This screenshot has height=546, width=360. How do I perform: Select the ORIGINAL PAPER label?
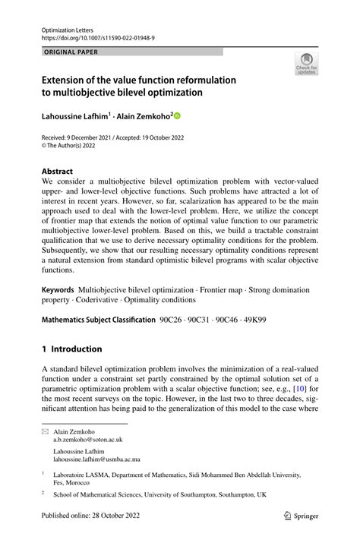(x=71, y=52)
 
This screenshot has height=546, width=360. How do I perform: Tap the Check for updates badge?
(x=306, y=64)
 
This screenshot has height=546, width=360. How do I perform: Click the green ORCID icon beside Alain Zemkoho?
(x=178, y=116)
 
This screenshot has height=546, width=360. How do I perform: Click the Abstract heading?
(x=58, y=172)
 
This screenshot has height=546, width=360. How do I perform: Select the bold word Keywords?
(x=58, y=290)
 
